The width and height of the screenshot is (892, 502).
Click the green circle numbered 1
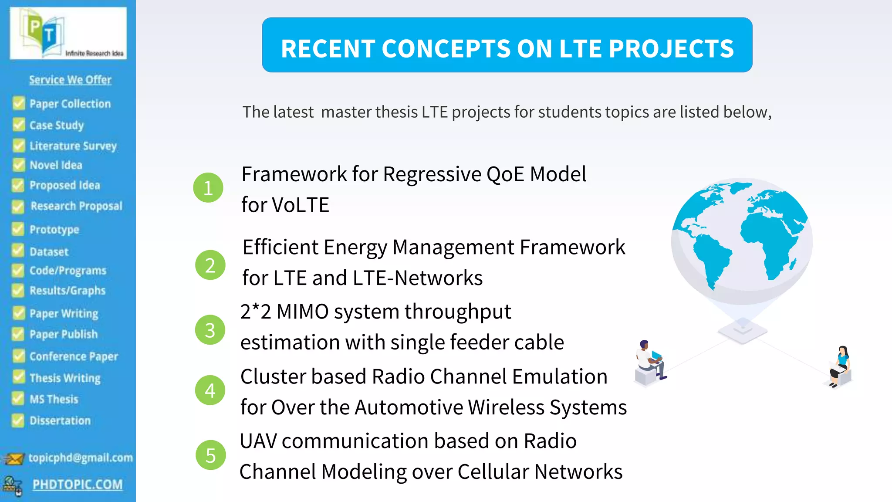(208, 188)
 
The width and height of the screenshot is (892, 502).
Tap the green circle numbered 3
(210, 330)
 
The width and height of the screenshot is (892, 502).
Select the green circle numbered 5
(211, 455)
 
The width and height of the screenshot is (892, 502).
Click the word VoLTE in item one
(300, 205)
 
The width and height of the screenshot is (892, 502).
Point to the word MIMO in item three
(302, 312)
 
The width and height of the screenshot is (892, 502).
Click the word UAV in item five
(258, 441)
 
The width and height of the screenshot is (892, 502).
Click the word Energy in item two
(355, 248)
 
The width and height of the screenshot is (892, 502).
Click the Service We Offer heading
(70, 80)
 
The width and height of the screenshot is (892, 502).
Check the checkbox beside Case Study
(19, 125)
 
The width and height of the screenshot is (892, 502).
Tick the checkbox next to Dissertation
(18, 420)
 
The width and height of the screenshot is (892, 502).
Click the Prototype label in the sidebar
(54, 230)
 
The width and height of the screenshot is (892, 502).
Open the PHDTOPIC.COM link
(78, 485)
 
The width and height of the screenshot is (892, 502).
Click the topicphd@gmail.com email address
(81, 458)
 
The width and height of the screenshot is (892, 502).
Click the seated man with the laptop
(650, 362)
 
